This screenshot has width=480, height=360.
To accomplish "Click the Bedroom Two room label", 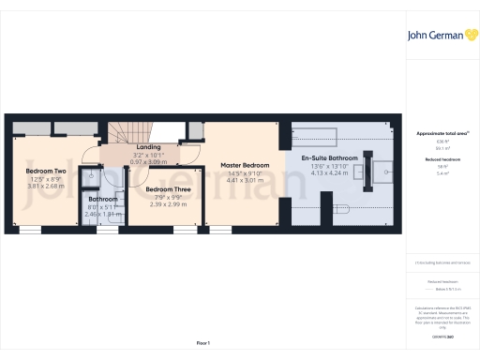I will coord(45,172).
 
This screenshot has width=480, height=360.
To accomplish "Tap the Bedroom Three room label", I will coord(164,188).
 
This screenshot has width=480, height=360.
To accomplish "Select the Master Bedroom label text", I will coord(245,165).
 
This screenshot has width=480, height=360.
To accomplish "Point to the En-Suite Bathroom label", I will coord(329,158).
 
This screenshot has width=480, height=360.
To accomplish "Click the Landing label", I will coord(148,147).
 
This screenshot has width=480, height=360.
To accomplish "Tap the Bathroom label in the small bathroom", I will coord(103,199).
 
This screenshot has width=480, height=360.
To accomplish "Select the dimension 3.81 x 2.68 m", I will coord(45,186).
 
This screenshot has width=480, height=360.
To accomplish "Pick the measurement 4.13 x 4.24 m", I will coord(329,173).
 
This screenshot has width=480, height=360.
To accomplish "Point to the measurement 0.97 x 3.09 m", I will coord(148,161).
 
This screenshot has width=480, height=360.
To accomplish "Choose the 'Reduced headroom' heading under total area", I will coord(438,160).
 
